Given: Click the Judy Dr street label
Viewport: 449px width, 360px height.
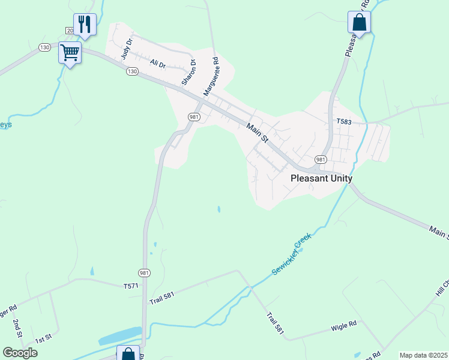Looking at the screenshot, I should [125, 48].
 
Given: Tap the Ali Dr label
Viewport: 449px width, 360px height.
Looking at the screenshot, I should [157, 64].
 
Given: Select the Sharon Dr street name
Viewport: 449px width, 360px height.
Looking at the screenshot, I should [189, 72].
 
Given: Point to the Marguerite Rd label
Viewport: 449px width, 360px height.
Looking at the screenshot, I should [211, 76].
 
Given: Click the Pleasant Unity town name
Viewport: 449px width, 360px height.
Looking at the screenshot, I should [321, 178].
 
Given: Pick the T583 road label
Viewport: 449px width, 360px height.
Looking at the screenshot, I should [343, 122].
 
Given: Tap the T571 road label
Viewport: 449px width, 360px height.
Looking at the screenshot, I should [130, 286].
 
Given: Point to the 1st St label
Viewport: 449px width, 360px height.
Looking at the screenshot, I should [43, 340].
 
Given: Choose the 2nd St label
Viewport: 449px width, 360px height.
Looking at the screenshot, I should [17, 329].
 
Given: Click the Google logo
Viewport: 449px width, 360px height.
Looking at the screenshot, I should [20, 353].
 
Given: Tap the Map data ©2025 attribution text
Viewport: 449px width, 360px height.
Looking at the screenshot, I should [423, 355].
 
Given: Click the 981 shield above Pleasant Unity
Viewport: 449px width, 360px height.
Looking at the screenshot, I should [321, 160].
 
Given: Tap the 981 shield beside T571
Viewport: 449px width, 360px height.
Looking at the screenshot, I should [144, 272].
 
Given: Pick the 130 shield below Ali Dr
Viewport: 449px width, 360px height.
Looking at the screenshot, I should [132, 71].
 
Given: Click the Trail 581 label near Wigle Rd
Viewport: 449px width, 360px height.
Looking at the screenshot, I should [276, 323].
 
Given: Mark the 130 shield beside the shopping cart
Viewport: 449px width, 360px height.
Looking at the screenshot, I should [44, 47].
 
